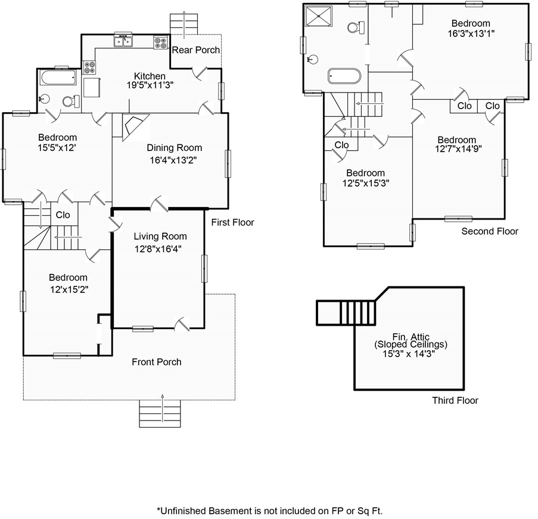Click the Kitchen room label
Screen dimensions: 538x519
[x=150, y=76]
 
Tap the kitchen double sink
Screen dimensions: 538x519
[x=123, y=41]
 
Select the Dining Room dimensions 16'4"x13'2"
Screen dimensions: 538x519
[x=173, y=160]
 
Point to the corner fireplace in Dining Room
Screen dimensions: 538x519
[x=136, y=127]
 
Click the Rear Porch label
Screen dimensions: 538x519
[x=195, y=50]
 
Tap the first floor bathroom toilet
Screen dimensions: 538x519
[x=71, y=101]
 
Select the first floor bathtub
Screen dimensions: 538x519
[x=58, y=78]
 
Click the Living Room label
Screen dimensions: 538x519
[x=160, y=236]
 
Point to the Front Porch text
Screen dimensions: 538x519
[x=157, y=362]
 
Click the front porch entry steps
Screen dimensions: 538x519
[x=160, y=413]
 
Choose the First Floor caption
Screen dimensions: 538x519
[x=232, y=223]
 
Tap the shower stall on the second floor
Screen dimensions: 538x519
[x=319, y=16]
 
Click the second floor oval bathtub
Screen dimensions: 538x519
[x=344, y=76]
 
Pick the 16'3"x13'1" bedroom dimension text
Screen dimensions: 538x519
[x=471, y=33]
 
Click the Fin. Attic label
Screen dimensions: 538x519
[x=411, y=336]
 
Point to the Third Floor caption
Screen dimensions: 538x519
[x=455, y=400]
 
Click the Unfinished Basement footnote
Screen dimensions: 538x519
[x=269, y=511]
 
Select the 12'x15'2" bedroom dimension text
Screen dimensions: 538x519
[x=69, y=289]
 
